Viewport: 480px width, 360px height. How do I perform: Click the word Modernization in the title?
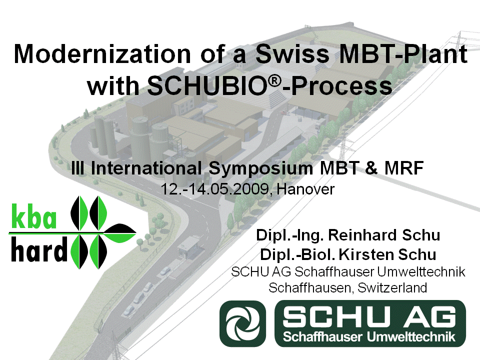pos(102,54)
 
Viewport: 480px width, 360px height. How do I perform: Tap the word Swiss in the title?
pos(292,54)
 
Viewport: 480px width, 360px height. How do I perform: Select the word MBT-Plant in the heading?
pos(403,54)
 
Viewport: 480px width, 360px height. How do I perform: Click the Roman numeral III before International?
pos(78,168)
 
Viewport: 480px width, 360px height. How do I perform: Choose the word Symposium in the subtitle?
pos(261,169)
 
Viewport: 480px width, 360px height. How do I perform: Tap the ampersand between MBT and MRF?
pos(371,168)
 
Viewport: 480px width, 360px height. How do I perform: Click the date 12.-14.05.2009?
pos(215,189)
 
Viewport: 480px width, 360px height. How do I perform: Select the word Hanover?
pos(305,189)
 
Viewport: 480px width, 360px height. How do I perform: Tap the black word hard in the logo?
pos(39,249)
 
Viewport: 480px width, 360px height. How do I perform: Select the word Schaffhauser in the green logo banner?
pos(322,336)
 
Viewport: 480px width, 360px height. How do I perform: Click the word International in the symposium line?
pos(146,168)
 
